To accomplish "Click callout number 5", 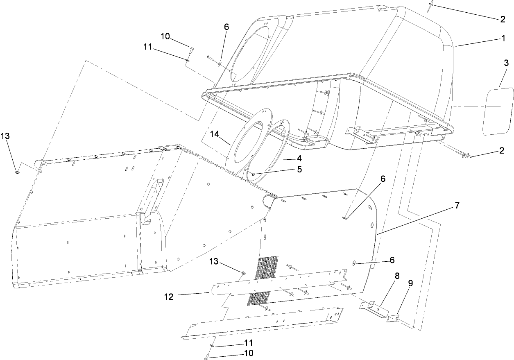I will (299, 169).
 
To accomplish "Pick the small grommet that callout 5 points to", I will (254, 175).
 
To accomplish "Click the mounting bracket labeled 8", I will (373, 309).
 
